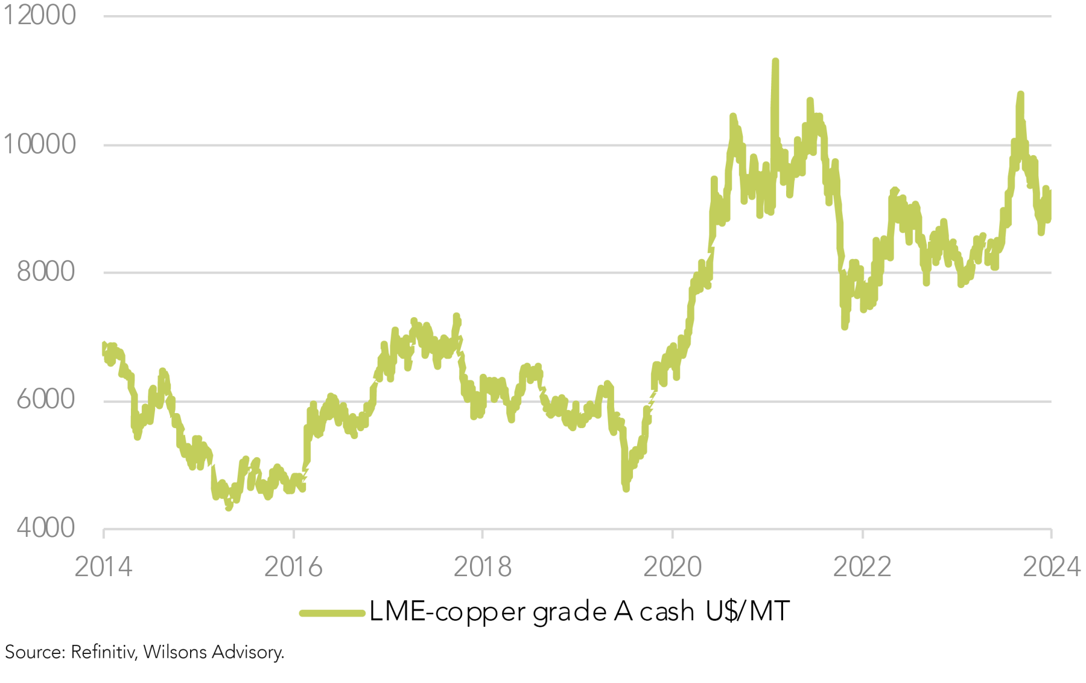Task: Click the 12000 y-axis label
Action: coord(39,15)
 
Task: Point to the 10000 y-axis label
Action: coord(39,144)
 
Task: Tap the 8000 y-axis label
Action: coord(46,272)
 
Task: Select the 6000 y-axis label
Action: coord(46,400)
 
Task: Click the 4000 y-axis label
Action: coord(46,528)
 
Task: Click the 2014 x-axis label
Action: coord(103,567)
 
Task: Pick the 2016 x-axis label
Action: coord(293,567)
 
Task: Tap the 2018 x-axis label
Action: coord(483,567)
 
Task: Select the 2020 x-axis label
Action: coord(672,567)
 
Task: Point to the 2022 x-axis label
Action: coord(862,567)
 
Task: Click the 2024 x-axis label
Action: coord(1051,567)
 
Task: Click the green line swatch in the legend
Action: coord(332,613)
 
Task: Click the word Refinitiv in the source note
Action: coord(103,652)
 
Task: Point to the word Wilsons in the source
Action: coord(176,652)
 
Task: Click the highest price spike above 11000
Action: coord(775,62)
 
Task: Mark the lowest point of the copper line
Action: coord(229,508)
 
